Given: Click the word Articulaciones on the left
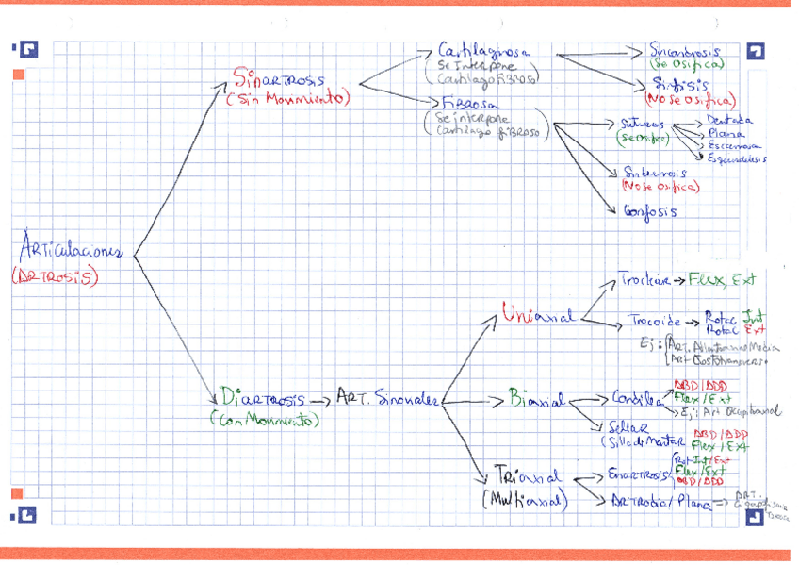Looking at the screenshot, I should click(x=71, y=250).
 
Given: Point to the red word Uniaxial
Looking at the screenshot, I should click(x=538, y=315).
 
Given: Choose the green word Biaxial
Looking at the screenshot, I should click(x=536, y=401).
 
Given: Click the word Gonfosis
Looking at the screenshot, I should click(x=650, y=211).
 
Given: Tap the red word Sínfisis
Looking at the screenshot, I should click(x=689, y=84).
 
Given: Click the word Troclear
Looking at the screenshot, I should click(x=644, y=280).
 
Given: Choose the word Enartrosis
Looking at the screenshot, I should click(x=638, y=473).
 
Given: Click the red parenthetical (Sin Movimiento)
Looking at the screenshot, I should click(x=287, y=98).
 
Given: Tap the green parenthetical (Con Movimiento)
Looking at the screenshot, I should click(x=265, y=420).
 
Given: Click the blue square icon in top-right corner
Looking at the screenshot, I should click(x=755, y=53).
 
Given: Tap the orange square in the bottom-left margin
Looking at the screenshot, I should click(x=17, y=493).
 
